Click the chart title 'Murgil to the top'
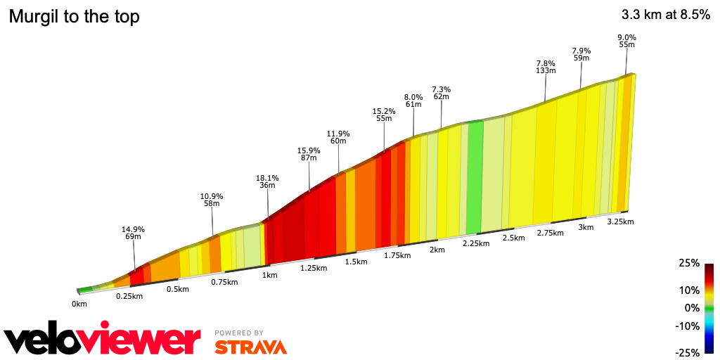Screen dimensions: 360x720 coord(74,17)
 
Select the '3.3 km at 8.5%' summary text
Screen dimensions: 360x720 coord(665,15)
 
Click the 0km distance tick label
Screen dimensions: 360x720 coord(79,304)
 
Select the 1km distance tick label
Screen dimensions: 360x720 coord(270,275)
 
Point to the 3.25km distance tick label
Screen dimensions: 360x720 coord(620,221)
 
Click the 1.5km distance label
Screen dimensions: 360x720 coord(356,262)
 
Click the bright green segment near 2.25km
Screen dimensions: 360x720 coord(475,176)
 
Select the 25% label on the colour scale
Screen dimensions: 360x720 coord(689,263)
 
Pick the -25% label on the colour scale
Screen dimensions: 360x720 coord(688,352)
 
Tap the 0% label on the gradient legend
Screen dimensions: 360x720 coord(693,308)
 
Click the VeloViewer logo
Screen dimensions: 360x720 coord(103,340)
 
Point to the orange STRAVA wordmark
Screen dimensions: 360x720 coord(250,347)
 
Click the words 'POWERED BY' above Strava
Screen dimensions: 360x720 coord(239,333)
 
